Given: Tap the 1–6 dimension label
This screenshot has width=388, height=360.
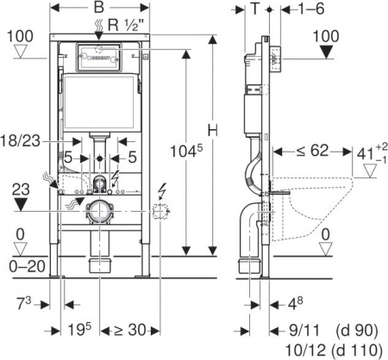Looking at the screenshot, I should (x=289, y=11).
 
